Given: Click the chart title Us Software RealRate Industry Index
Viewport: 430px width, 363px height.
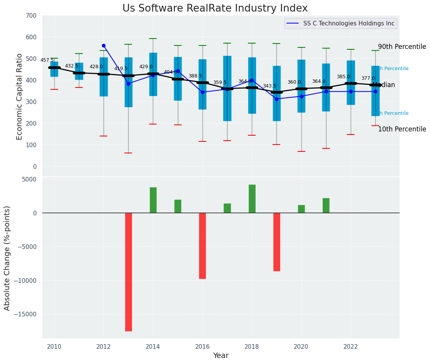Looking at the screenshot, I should pyautogui.click(x=215, y=8).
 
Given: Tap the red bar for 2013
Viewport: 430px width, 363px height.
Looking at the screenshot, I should pyautogui.click(x=129, y=272).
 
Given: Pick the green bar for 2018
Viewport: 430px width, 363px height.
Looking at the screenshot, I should pyautogui.click(x=252, y=198).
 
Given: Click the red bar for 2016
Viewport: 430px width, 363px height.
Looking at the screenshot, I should pyautogui.click(x=202, y=245).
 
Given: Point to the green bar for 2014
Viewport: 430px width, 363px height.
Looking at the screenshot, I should pyautogui.click(x=153, y=200).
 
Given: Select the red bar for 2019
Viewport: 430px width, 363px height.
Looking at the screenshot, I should pyautogui.click(x=277, y=242).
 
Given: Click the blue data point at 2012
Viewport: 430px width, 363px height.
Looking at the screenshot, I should pyautogui.click(x=104, y=45).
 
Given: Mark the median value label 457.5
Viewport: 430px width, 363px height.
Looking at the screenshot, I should pyautogui.click(x=47, y=60).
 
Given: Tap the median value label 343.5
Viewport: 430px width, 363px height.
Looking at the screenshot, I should pyautogui.click(x=269, y=86).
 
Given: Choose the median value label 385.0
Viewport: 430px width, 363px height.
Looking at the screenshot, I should pyautogui.click(x=343, y=77).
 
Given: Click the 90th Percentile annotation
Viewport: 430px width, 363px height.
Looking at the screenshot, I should pyautogui.click(x=402, y=47).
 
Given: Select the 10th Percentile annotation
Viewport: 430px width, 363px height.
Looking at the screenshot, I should pyautogui.click(x=402, y=129).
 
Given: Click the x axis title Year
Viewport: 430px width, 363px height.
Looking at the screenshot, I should pyautogui.click(x=221, y=356).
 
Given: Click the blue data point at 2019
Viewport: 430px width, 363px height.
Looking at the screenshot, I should pyautogui.click(x=277, y=99).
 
